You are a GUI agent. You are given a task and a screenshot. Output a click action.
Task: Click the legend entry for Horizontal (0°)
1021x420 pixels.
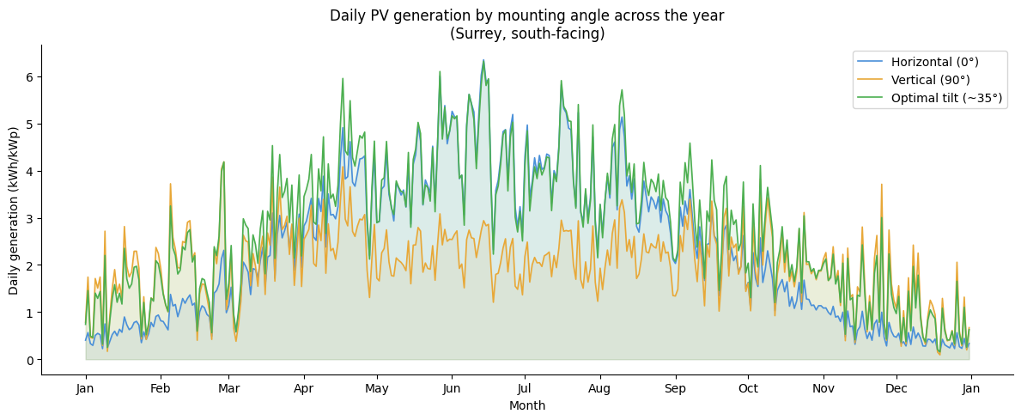tap(934, 62)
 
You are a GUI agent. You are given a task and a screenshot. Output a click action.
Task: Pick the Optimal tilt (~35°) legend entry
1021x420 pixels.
tap(946, 98)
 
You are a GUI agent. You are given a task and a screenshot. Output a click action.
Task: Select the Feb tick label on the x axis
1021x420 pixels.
tap(161, 389)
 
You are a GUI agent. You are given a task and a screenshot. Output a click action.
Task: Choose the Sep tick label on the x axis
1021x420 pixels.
tap(674, 389)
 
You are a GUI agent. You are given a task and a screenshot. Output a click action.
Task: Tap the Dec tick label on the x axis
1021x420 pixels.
tap(896, 389)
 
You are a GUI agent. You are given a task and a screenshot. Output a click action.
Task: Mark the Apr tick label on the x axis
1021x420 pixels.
tap(303, 389)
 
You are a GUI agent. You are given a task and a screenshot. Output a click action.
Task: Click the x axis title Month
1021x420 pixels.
tap(527, 405)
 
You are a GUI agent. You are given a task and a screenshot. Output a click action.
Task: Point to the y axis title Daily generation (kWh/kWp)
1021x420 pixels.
tap(15, 210)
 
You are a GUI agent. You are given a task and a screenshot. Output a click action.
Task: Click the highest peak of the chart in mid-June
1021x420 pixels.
tap(483, 60)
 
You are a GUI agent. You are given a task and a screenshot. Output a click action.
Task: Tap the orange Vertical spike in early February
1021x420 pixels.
tap(170, 184)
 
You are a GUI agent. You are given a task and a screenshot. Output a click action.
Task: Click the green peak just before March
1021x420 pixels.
tap(224, 161)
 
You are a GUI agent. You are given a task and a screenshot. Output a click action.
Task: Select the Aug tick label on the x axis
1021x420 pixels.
tap(599, 389)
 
